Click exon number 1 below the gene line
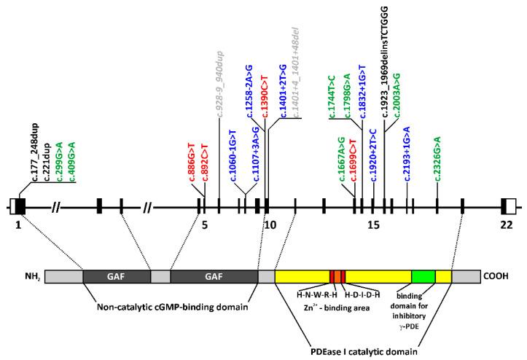pos(17,224)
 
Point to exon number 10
pos(269,224)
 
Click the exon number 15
pos(372,224)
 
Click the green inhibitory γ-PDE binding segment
pos(423,276)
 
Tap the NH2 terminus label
pos(32,277)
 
